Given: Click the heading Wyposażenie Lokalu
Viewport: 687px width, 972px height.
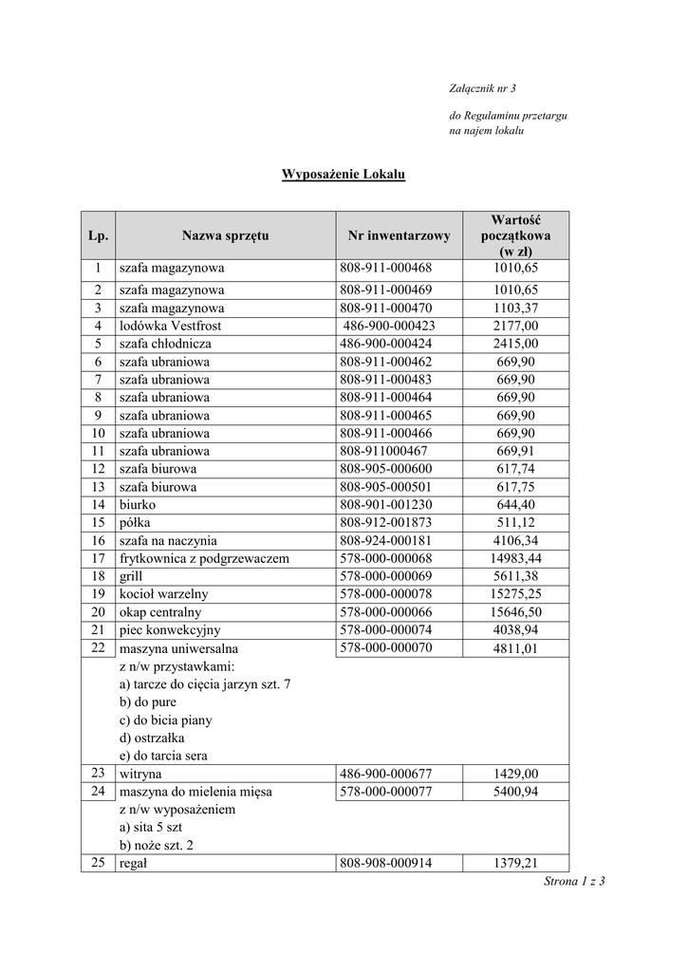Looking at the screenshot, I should [x=343, y=175].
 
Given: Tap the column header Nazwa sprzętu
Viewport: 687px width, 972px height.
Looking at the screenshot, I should [x=226, y=235].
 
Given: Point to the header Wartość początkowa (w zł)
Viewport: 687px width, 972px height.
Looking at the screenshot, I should [x=515, y=235].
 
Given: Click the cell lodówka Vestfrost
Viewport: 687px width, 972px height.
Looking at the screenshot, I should [x=170, y=326].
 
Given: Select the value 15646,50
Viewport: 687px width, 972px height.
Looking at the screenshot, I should [x=515, y=612].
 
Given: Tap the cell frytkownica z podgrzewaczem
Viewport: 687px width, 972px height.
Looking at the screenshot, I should [x=203, y=558].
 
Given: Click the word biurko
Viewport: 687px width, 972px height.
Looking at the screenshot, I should [x=138, y=505].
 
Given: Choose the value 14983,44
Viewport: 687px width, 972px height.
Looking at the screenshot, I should [x=515, y=558].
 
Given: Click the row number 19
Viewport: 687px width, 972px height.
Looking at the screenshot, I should [x=97, y=594].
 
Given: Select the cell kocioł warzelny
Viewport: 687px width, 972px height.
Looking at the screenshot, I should [x=163, y=594].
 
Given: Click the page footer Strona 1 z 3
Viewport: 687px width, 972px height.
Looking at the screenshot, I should [x=574, y=882].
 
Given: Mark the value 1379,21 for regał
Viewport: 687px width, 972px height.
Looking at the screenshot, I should [x=515, y=863].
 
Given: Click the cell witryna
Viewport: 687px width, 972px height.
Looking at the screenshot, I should [x=140, y=774].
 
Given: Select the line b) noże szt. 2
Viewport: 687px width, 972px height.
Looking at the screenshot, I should [x=157, y=845].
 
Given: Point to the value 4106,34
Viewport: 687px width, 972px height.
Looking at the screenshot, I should [x=515, y=541].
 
